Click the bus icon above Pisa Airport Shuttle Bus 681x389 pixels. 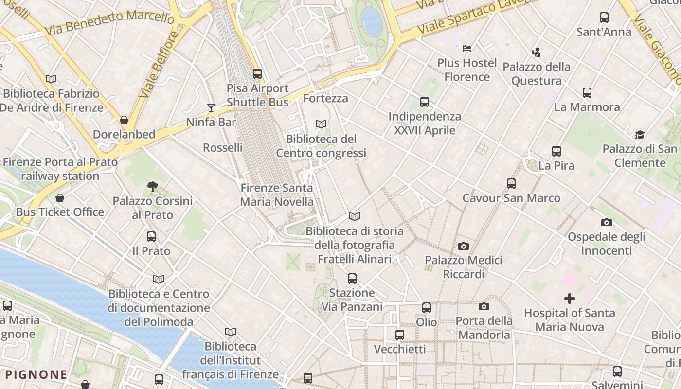pos(257,74)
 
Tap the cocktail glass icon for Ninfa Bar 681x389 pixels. pos(211,107)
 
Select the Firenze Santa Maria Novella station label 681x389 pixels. pos(277,194)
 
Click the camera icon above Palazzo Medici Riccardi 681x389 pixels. pos(464,247)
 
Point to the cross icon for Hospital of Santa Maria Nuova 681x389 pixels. pos(569,298)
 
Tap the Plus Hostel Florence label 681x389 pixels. pos(466,70)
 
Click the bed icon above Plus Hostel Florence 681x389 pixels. pos(467,48)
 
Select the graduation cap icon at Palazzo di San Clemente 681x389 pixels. pos(640,135)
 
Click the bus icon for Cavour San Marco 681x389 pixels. pos(511,184)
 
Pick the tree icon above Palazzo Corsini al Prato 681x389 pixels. pos(152,186)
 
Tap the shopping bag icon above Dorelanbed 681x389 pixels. pos(124,120)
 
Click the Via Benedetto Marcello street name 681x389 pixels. pos(109,22)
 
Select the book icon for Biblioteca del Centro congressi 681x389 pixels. pos(321,124)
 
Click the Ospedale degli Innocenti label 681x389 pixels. pos(607,244)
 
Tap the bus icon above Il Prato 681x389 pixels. pos(151,237)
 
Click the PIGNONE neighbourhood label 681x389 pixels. pos(36,374)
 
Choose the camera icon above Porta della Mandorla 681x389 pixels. pos(484,306)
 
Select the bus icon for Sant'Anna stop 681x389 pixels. pos(604,18)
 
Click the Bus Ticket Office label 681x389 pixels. pos(60,212)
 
